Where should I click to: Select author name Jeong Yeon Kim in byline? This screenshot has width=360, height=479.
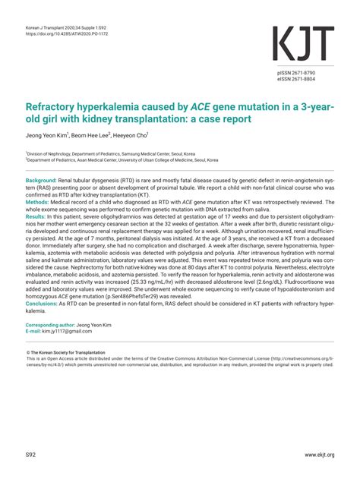(x=46, y=136)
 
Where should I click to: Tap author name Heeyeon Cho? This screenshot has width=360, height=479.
(x=131, y=136)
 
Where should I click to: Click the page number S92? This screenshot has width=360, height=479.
(x=31, y=455)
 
